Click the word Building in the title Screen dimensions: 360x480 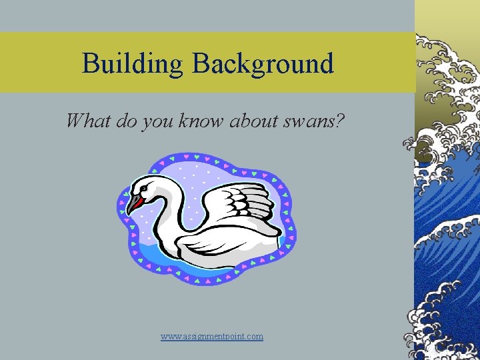coord(133,63)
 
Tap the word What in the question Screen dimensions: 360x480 coord(88,121)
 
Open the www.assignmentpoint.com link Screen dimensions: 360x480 coord(212,337)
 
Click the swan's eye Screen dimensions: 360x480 coord(144,189)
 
